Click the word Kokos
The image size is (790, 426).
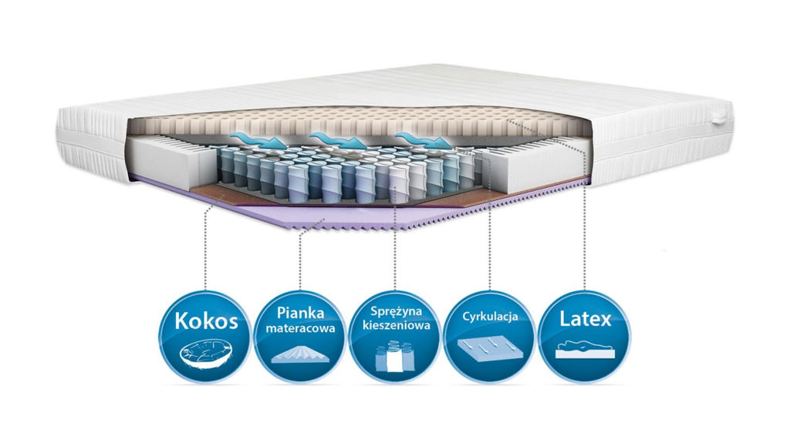point(206,321)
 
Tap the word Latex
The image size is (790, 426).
point(585,319)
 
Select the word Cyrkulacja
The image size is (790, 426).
point(490,317)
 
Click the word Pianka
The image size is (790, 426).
point(300,313)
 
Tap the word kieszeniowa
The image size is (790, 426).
point(396,325)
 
